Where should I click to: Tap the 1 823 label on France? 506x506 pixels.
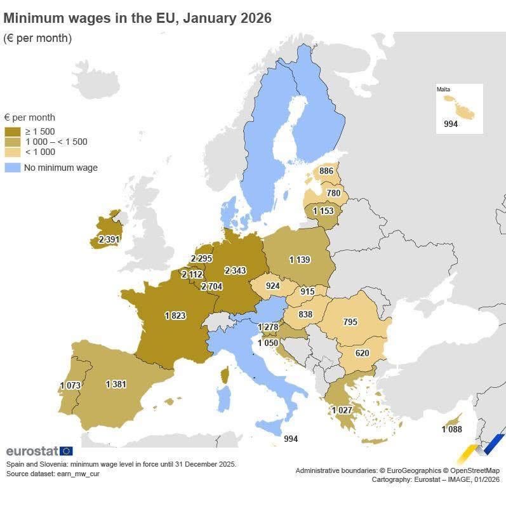coord(175,316)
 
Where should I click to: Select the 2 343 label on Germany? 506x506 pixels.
coord(235,270)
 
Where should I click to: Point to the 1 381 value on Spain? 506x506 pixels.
coord(116,384)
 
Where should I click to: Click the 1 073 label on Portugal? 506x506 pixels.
coord(70,385)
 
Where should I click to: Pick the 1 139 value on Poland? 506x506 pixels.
coord(300,260)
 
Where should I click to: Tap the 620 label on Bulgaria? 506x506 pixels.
coord(362,352)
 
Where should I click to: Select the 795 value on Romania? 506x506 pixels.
coord(350,322)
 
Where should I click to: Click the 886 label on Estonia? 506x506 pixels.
coord(326,171)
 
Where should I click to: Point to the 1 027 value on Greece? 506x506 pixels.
coord(342,410)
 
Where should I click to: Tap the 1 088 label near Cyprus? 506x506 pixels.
coord(452,430)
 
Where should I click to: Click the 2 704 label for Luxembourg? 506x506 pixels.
coord(211,286)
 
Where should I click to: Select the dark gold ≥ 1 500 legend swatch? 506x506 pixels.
coord(12,131)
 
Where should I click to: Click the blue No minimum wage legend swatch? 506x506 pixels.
coord(12,168)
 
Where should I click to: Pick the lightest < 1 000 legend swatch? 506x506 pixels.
coord(12,152)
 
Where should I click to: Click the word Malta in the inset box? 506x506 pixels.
coord(444,90)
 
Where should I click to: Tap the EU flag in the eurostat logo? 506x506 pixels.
coord(66,451)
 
